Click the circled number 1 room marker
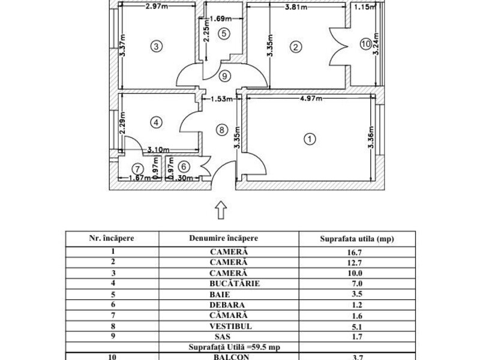310,139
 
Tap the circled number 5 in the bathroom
224,34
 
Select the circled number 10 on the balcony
366,44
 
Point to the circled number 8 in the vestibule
221,130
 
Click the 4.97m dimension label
310,98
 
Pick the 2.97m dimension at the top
157,6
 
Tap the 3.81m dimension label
296,7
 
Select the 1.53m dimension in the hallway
221,99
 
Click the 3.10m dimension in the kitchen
158,149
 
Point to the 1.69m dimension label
221,19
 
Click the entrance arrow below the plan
221,210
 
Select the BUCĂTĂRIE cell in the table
235,283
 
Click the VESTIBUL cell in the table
230,326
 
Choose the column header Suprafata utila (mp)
357,239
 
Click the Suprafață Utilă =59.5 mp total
234,347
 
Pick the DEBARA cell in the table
227,305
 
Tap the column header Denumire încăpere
223,238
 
